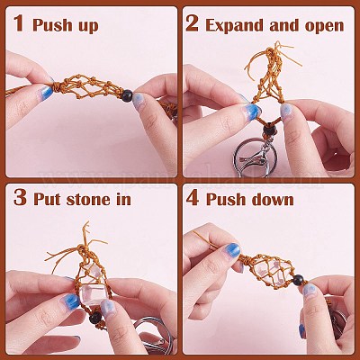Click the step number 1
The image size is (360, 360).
click(19, 22)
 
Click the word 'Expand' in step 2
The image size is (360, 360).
click(235, 26)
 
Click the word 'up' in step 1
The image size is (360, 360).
click(89, 26)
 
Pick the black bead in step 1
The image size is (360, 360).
click(127, 95)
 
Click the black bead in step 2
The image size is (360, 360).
click(269, 130)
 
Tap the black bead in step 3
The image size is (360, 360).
click(95, 318)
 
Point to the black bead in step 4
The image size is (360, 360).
click(299, 280)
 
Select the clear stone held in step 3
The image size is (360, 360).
click(93, 295)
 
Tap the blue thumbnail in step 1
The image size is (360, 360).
click(47, 92)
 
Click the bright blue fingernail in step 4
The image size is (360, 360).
click(232, 250)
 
